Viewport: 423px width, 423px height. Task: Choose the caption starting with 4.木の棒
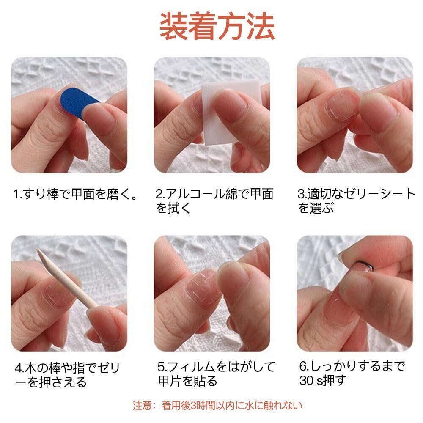(x=67, y=375)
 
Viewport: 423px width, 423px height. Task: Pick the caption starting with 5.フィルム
(x=216, y=374)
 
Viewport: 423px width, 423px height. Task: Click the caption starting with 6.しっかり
(x=352, y=374)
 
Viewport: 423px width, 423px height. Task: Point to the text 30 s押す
(x=323, y=381)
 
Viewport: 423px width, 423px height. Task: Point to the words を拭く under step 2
(x=173, y=208)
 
